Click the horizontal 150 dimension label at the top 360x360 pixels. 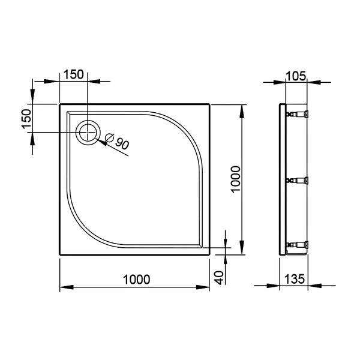click(73, 74)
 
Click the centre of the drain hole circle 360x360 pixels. click(88, 131)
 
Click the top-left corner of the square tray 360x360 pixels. click(60, 104)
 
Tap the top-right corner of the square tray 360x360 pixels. click(210, 104)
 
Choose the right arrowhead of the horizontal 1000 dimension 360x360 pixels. click(206, 287)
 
